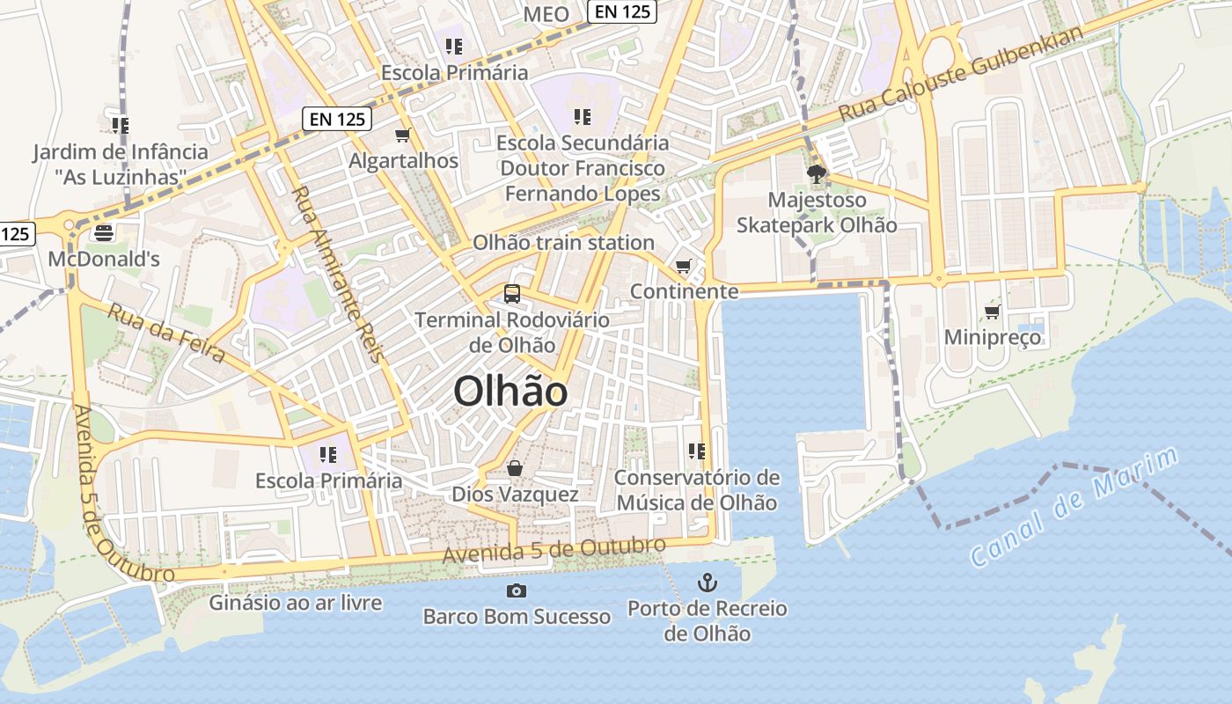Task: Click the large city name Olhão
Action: click(x=510, y=392)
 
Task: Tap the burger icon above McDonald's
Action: click(x=104, y=232)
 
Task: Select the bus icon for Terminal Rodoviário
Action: click(x=512, y=294)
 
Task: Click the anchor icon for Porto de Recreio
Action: click(x=707, y=582)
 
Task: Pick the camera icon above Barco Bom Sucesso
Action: click(x=517, y=590)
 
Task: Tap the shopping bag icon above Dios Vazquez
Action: click(x=515, y=467)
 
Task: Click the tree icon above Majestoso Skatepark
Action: click(x=817, y=173)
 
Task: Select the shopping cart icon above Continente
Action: click(x=684, y=265)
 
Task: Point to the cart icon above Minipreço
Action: click(x=993, y=312)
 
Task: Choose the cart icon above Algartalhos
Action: click(x=403, y=135)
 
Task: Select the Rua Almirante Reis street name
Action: click(x=339, y=274)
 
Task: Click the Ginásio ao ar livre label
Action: click(x=296, y=603)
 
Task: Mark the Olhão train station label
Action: click(x=564, y=242)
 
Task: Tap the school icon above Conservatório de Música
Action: click(x=697, y=451)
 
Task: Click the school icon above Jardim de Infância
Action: click(x=121, y=126)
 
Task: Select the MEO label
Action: click(x=546, y=14)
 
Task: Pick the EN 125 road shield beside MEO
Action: click(x=622, y=11)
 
